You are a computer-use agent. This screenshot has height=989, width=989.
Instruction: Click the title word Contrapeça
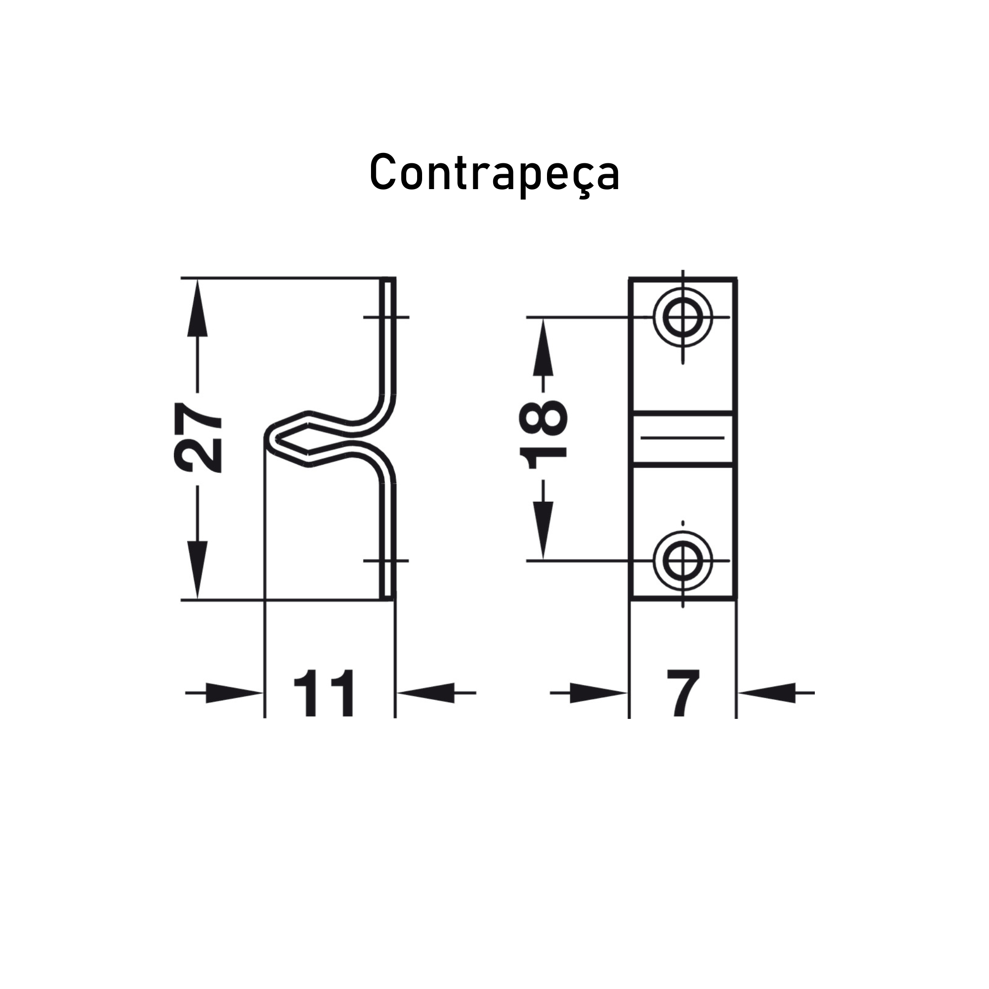(x=494, y=172)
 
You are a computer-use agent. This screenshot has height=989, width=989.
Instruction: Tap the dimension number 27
(x=198, y=437)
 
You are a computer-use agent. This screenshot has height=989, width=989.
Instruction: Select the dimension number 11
(x=324, y=693)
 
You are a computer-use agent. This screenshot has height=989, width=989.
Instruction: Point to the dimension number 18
(x=544, y=435)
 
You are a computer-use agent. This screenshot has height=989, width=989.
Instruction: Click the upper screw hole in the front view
(x=683, y=318)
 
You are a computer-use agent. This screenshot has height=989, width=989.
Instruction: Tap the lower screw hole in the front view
(x=683, y=561)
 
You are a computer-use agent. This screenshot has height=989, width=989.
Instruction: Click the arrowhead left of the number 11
(x=234, y=693)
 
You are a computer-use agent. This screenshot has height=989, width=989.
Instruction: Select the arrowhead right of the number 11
(x=426, y=693)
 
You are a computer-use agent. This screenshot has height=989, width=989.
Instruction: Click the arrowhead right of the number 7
(x=767, y=693)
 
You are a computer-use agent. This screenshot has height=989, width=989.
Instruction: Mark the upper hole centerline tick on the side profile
(x=386, y=318)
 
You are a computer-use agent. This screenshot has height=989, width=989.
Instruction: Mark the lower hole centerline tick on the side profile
(x=386, y=561)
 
